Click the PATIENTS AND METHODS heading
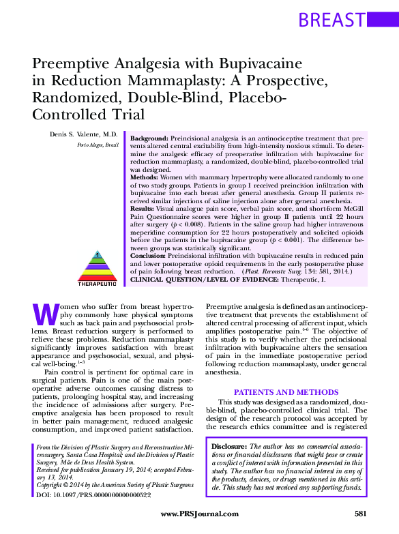click(x=286, y=392)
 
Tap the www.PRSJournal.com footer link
click(x=200, y=514)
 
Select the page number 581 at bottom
click(x=362, y=514)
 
